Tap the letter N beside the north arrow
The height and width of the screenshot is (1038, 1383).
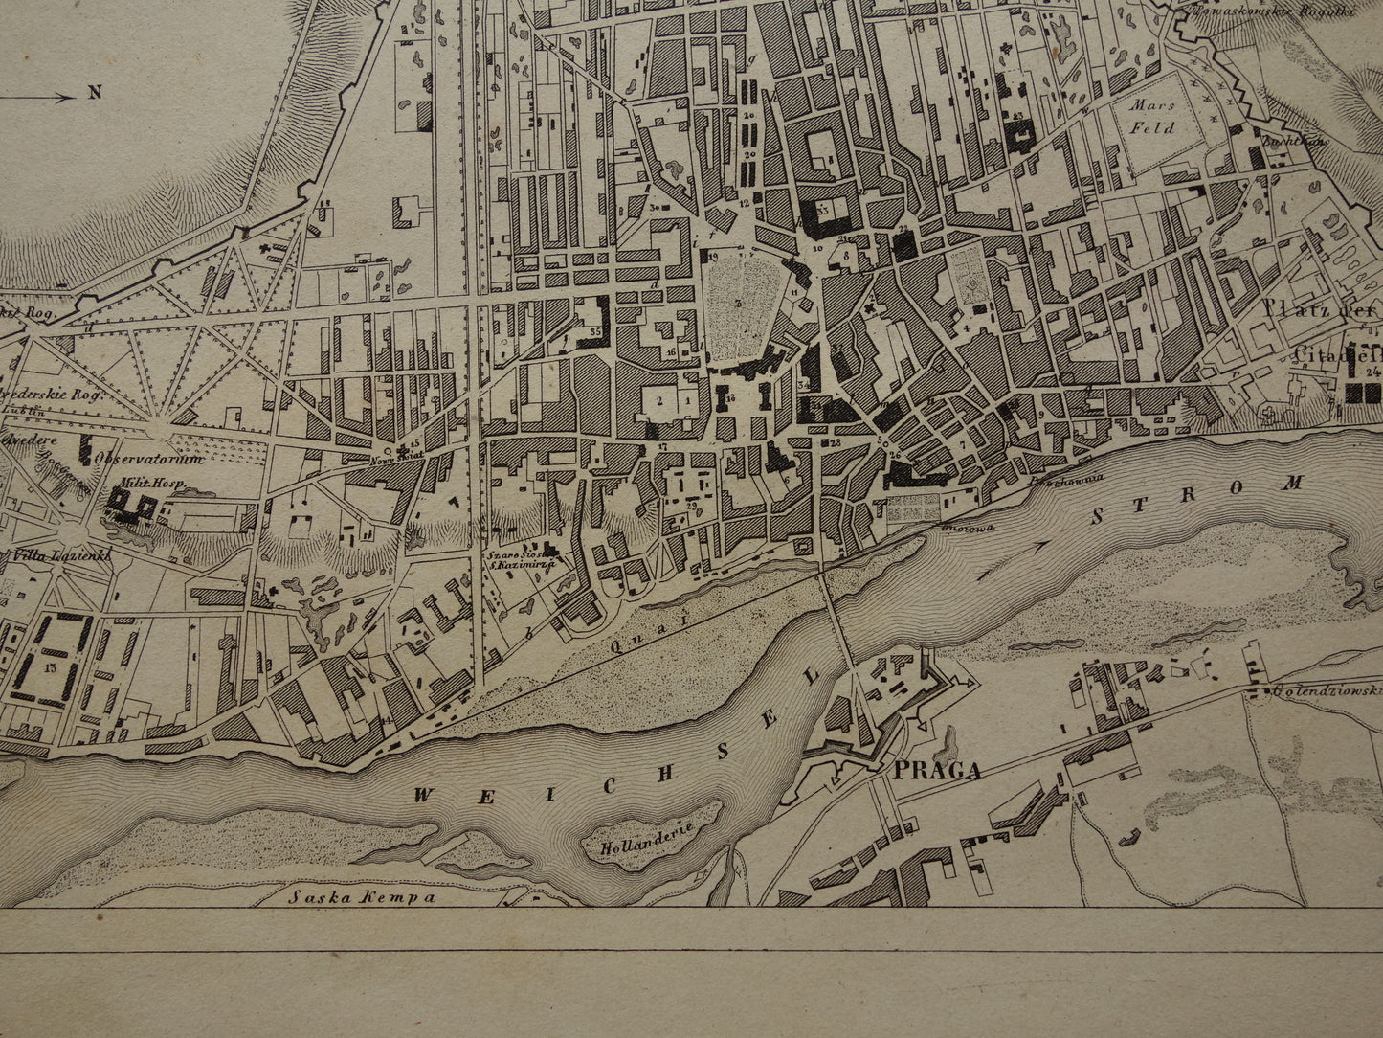pos(95,93)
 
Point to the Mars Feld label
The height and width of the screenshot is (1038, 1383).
pos(1149,116)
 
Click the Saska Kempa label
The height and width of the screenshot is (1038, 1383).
pos(361,897)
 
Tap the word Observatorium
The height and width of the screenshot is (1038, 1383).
pos(148,459)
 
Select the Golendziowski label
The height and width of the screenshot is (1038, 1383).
pos(1326,689)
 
